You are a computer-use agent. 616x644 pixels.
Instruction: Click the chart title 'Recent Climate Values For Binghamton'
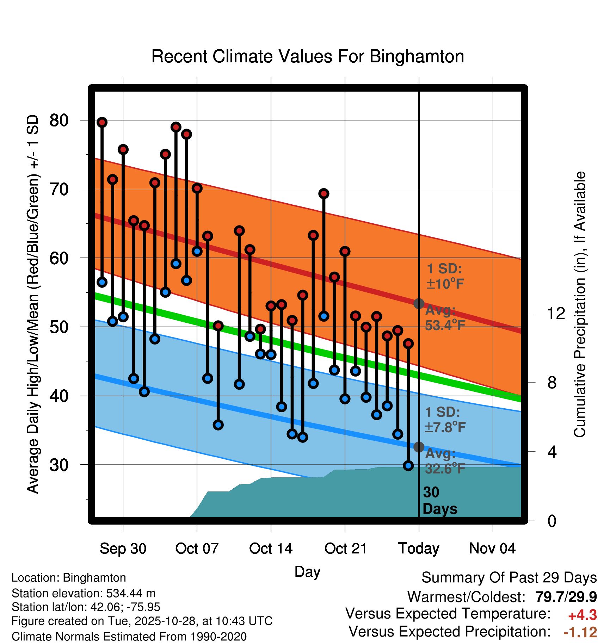coord(308,56)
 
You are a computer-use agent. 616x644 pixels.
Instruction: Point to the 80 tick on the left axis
coord(59,120)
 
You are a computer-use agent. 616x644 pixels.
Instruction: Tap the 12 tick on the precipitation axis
coord(556,313)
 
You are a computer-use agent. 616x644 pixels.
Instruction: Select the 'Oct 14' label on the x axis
coord(271,549)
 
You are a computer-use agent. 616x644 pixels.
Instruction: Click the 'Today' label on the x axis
coord(419,549)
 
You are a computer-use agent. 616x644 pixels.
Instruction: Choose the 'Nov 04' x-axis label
coord(492,549)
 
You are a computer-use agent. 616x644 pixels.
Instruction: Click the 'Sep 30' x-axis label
coord(123,549)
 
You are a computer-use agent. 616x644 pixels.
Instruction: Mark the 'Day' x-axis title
coord(307,571)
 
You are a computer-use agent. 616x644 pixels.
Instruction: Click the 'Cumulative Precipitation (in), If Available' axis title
coord(580,305)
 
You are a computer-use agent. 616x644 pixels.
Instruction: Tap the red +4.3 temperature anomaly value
coord(583,615)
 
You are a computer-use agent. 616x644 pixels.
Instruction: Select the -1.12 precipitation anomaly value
coord(580,632)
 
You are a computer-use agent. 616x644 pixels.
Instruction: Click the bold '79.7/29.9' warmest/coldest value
coord(566,597)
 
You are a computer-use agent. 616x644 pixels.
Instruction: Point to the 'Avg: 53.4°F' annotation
coord(445,318)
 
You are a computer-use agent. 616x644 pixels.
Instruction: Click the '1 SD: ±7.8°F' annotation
coord(445,420)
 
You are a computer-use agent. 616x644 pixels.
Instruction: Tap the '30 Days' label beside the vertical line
coord(439,501)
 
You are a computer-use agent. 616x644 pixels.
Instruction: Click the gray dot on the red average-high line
coord(419,303)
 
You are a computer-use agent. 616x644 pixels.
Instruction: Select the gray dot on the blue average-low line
coord(419,447)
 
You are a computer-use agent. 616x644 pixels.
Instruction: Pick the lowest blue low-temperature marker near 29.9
coord(408,466)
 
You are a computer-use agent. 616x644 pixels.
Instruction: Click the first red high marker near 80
coord(102,122)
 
